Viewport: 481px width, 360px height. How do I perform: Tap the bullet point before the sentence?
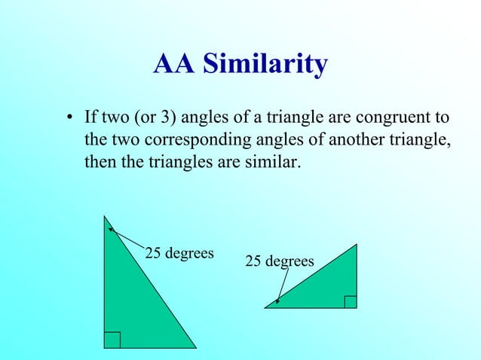coord(69,119)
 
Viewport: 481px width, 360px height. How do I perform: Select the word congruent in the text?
coord(397,118)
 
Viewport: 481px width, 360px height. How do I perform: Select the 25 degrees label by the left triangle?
coord(179,252)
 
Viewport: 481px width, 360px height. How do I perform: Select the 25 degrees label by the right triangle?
coord(280,261)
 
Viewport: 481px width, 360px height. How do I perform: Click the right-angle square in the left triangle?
coord(112,340)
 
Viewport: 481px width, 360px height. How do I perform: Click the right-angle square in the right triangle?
coord(350,301)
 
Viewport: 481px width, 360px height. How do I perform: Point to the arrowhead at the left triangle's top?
coord(110,228)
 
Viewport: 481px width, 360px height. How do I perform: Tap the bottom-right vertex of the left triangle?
coord(196,348)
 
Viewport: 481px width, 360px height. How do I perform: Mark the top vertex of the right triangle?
coord(357,244)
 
